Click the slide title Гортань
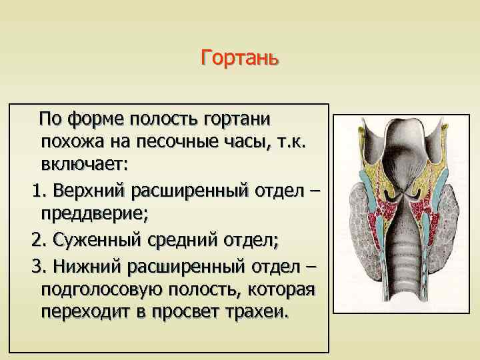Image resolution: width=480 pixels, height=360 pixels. coord(239,59)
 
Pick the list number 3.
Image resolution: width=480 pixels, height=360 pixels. coord(37,266)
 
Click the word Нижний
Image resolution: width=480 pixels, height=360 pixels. coord(83,266)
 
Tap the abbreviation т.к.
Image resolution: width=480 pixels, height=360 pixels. coord(287,141)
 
